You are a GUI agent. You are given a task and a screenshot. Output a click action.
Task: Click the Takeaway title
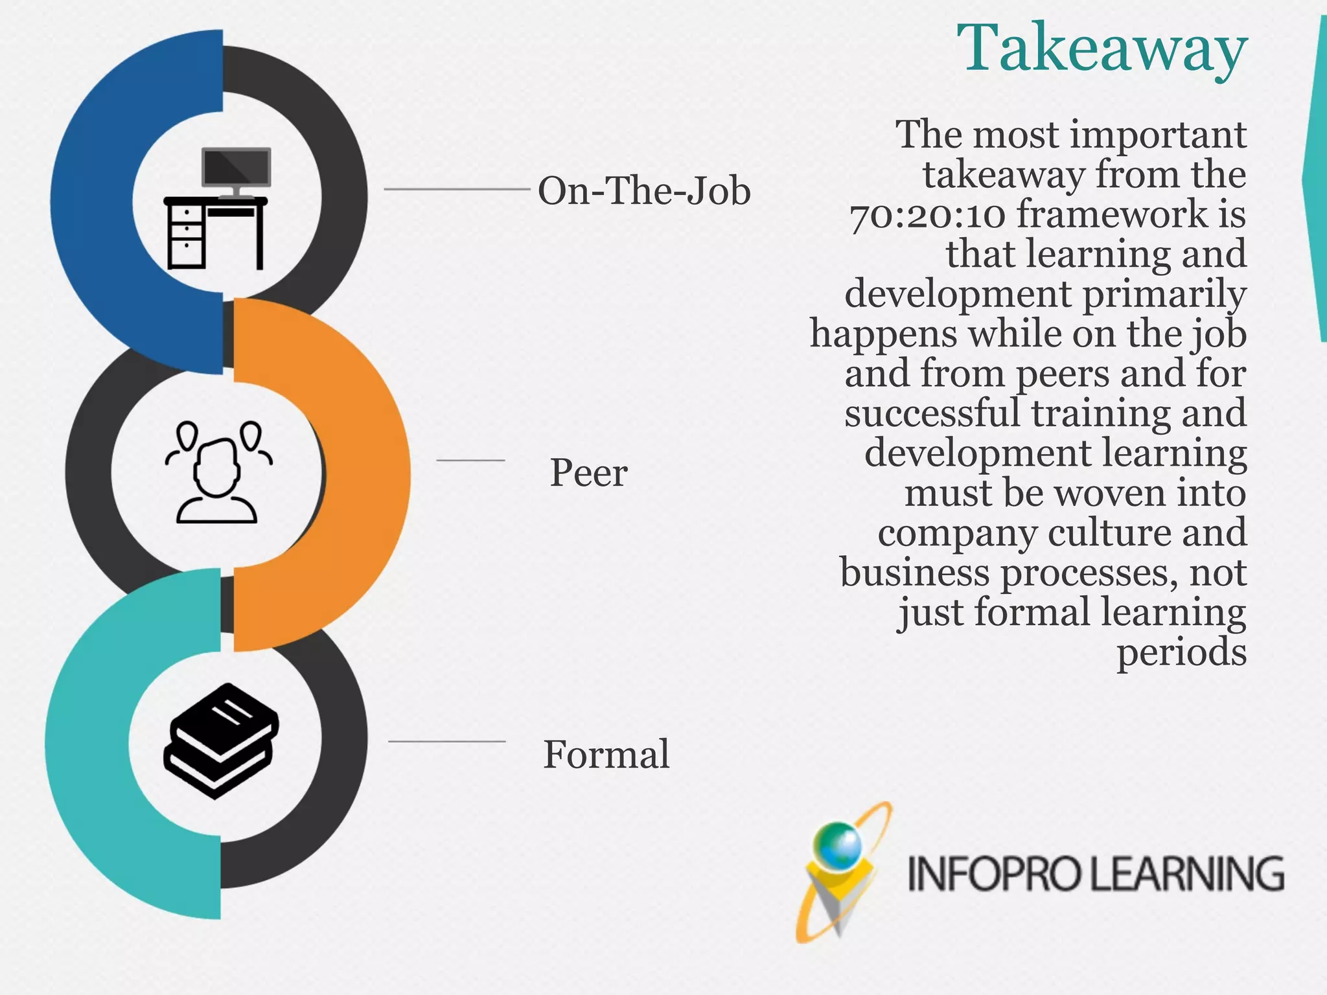[1102, 49]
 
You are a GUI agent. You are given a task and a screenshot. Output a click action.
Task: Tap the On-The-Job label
[644, 191]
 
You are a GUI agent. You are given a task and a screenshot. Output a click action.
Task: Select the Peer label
[588, 472]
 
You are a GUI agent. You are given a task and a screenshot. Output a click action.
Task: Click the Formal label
[606, 754]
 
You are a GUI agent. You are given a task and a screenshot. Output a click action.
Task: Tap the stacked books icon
[221, 740]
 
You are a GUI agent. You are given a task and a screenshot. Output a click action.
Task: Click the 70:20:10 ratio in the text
[927, 215]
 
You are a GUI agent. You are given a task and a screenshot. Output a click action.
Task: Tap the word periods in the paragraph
[1181, 652]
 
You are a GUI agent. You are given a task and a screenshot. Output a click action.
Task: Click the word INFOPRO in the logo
[995, 874]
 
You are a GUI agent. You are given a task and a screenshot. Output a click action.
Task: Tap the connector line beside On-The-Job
[457, 189]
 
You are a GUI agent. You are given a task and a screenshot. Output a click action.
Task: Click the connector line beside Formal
[446, 741]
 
